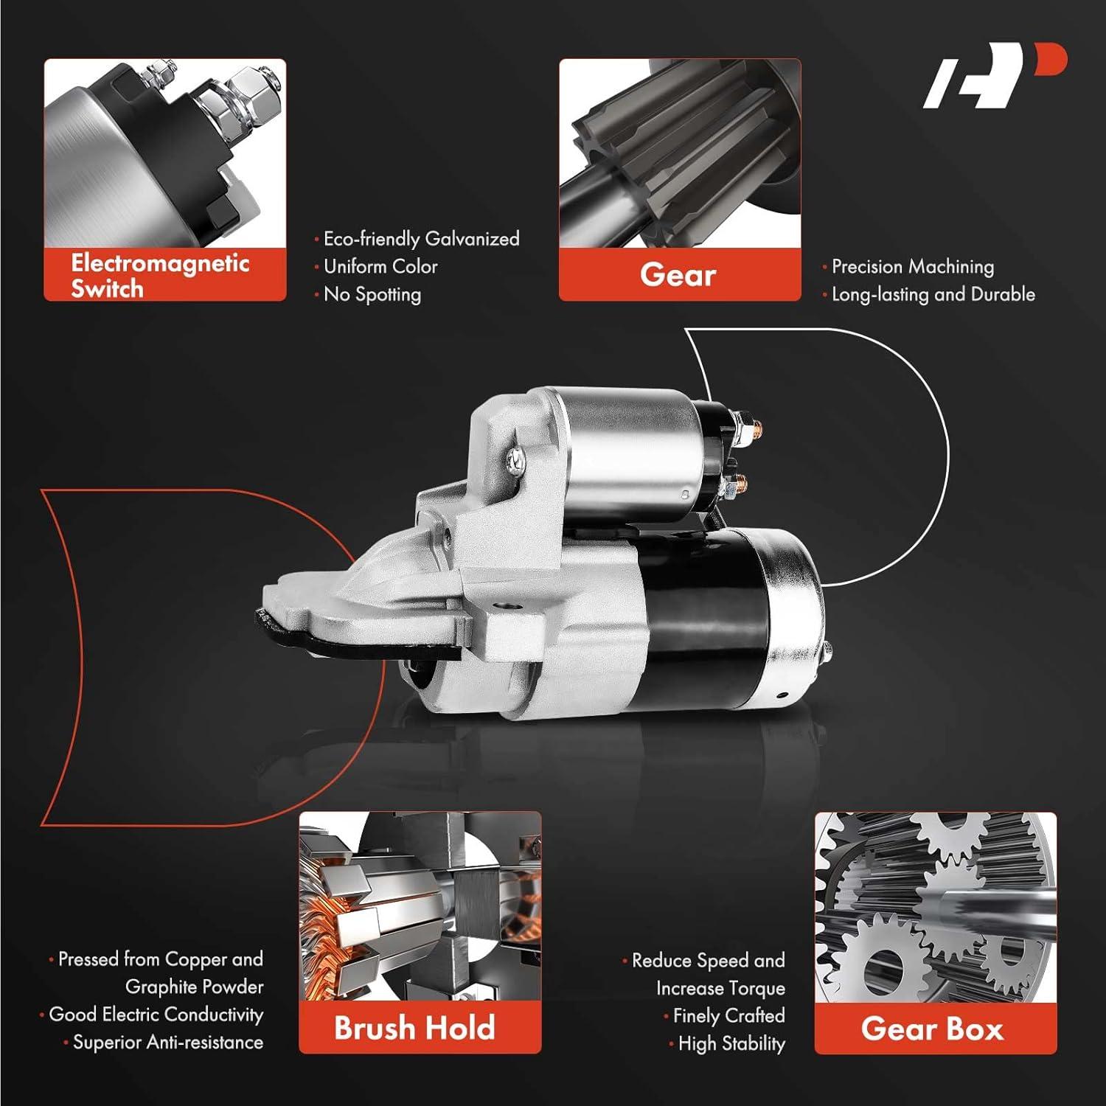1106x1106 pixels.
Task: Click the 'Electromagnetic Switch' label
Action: click(x=160, y=275)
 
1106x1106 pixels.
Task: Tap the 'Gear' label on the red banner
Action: click(x=678, y=275)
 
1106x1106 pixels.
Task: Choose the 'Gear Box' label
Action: click(x=933, y=1029)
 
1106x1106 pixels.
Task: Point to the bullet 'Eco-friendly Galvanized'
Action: click(x=421, y=239)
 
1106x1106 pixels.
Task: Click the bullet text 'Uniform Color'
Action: click(x=380, y=266)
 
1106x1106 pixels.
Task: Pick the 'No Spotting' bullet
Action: click(x=372, y=294)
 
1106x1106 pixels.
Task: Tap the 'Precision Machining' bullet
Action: click(x=913, y=266)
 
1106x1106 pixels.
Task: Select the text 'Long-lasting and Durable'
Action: click(x=933, y=294)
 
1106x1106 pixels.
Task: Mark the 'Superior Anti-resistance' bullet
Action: click(x=168, y=1043)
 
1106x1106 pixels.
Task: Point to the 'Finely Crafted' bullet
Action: click(x=728, y=1016)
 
